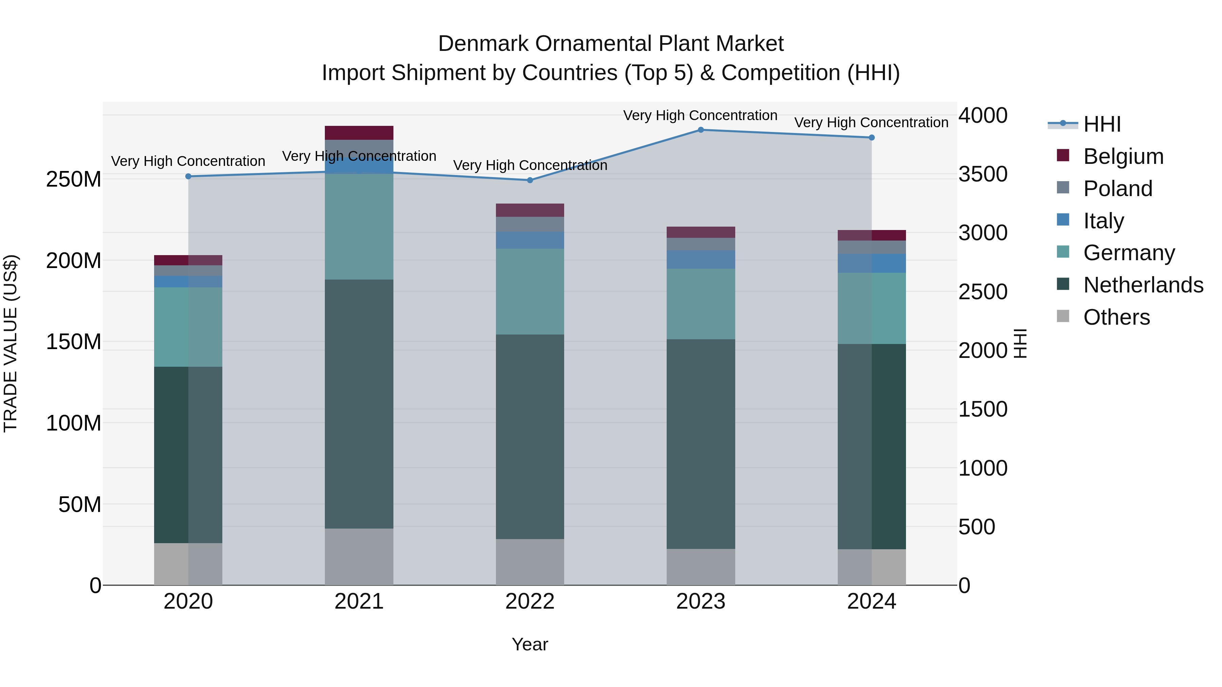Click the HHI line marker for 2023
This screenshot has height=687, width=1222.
(x=701, y=130)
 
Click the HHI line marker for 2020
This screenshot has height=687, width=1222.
(x=188, y=176)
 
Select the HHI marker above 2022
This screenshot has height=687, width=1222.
(x=530, y=180)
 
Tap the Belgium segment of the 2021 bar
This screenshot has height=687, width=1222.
(x=359, y=133)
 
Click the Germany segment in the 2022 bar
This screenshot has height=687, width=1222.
(x=530, y=291)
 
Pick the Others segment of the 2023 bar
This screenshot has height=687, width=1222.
(x=701, y=567)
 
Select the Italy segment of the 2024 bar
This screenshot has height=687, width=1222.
(x=871, y=263)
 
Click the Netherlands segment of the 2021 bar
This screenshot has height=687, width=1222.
(x=359, y=403)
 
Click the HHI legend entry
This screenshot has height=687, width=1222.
(x=1101, y=124)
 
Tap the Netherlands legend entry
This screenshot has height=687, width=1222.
(x=1143, y=285)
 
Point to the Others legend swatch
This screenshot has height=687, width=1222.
(x=1063, y=316)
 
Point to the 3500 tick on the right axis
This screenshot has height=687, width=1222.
(x=983, y=174)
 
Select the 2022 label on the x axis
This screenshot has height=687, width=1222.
(x=530, y=602)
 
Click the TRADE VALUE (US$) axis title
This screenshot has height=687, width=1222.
(x=11, y=343)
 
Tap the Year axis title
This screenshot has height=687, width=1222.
(x=530, y=644)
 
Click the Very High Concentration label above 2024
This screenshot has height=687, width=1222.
(x=871, y=122)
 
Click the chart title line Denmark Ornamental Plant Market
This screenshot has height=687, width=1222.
(x=611, y=44)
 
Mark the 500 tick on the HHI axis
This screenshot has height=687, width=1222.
(x=977, y=527)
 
